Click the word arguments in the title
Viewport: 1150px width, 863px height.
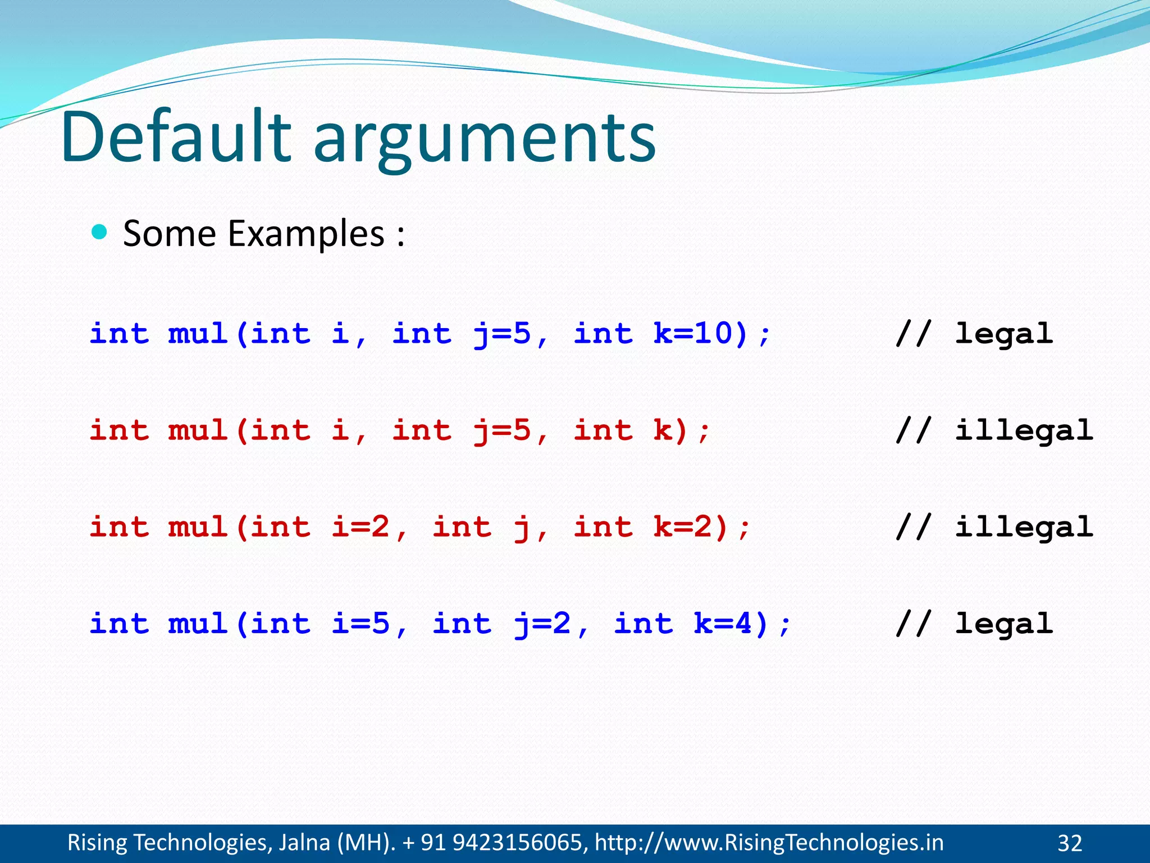(484, 140)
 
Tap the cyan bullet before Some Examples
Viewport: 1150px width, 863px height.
(99, 232)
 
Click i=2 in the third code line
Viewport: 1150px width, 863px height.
(360, 527)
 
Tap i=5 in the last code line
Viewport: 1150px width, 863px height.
(360, 624)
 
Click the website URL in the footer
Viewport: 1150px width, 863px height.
(769, 843)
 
